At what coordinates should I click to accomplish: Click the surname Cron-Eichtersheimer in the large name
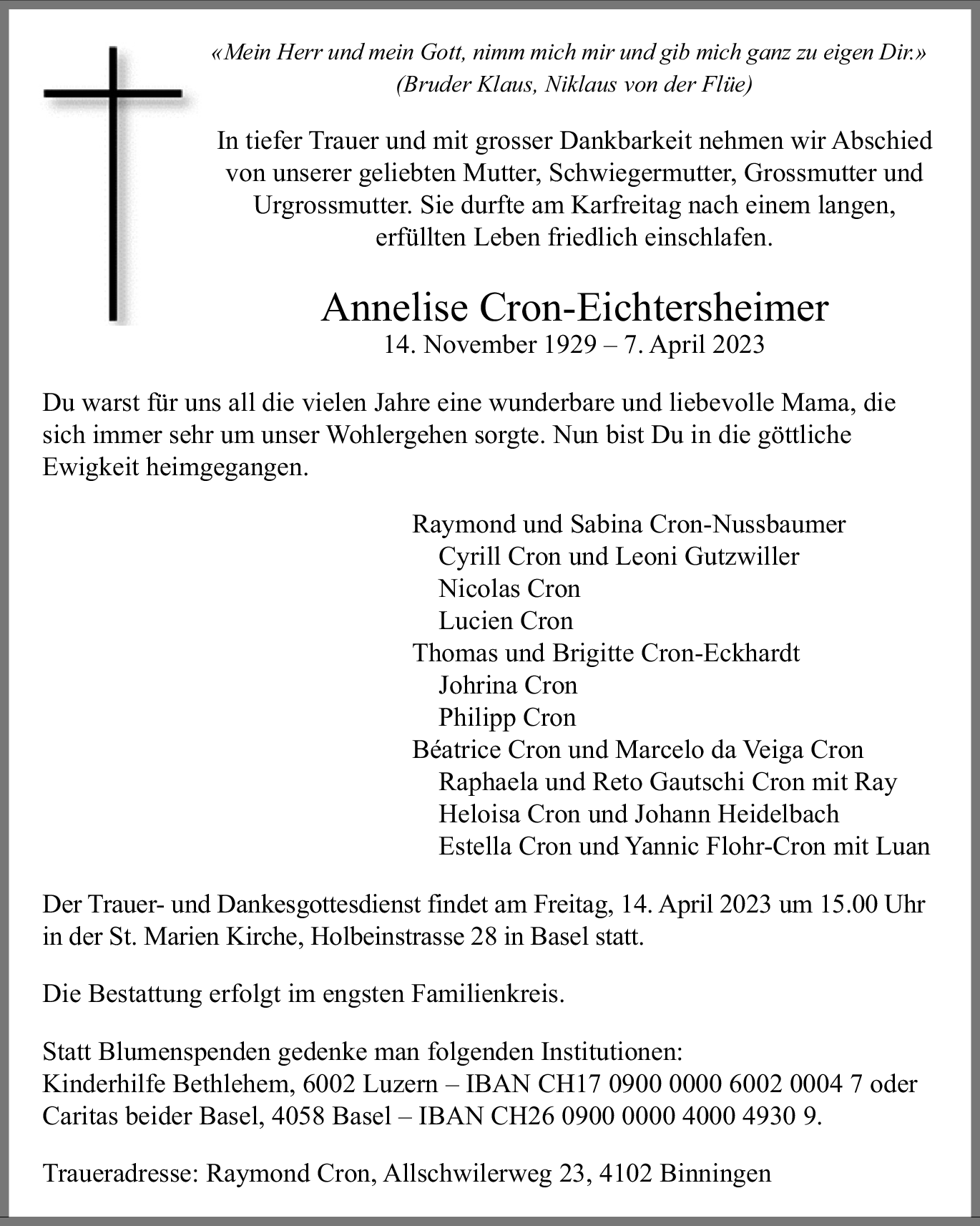click(654, 308)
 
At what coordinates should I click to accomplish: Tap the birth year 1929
click(569, 345)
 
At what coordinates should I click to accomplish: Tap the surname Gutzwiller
click(742, 556)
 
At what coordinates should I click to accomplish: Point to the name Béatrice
click(456, 749)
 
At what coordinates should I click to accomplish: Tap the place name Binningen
click(715, 1174)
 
